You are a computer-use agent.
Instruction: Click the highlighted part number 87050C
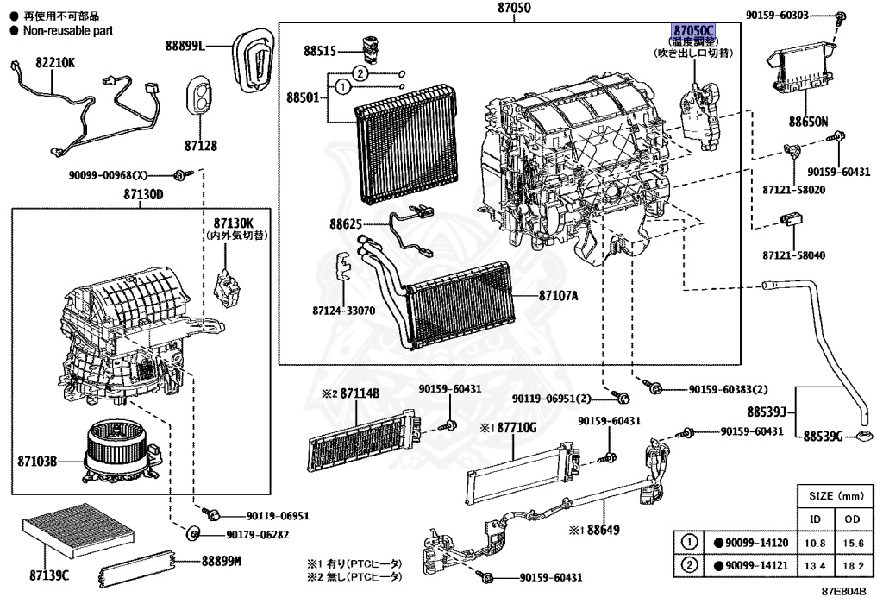click(693, 30)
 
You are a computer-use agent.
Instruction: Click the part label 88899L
click(185, 45)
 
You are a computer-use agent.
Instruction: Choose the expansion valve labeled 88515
click(370, 47)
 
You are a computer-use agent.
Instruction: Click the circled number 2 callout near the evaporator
click(360, 73)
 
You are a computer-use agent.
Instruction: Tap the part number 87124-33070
click(343, 311)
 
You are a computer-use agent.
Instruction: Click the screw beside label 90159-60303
click(840, 16)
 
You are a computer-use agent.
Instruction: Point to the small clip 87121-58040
click(791, 220)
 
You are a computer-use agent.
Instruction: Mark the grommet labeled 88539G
click(864, 436)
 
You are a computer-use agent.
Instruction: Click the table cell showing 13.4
click(815, 565)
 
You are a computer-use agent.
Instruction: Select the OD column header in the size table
click(853, 519)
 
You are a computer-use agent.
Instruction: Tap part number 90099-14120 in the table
click(756, 543)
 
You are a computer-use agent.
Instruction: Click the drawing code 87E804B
click(843, 592)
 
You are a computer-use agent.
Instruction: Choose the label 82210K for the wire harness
click(55, 62)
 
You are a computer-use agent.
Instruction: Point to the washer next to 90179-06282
click(193, 532)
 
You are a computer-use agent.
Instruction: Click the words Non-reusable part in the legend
click(68, 31)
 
